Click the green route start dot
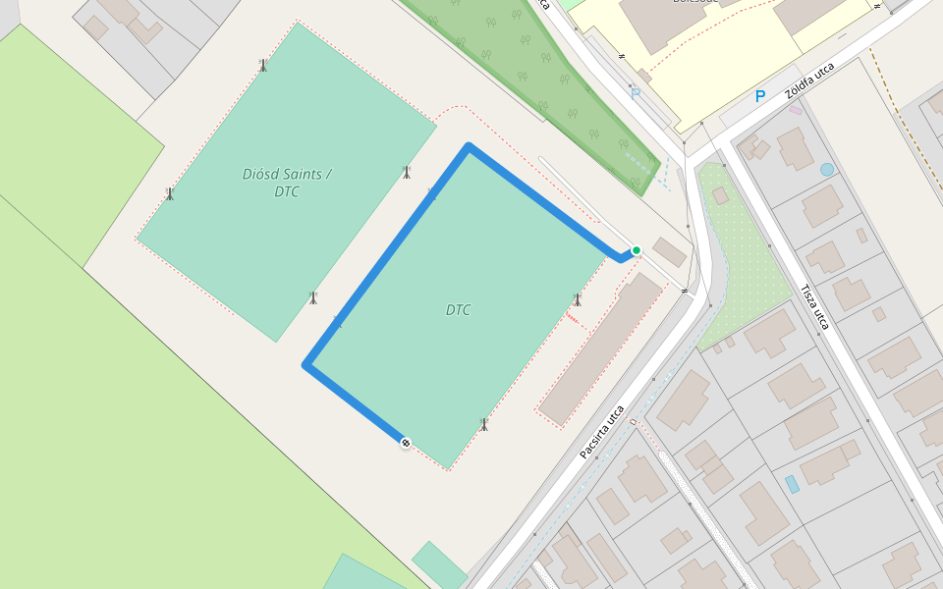[637, 250]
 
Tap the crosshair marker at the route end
[405, 444]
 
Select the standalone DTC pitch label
[458, 310]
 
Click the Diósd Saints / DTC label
[287, 183]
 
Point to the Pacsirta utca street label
[602, 432]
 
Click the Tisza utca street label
[814, 307]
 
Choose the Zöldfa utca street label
[808, 81]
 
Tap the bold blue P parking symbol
[759, 96]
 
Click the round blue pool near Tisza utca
[827, 169]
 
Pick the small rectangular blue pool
[792, 484]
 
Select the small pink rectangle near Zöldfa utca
[796, 110]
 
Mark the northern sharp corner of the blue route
[469, 147]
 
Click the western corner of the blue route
[306, 365]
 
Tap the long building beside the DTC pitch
[600, 348]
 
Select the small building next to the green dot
[670, 251]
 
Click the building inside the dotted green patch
[720, 196]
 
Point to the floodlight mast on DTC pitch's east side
[578, 299]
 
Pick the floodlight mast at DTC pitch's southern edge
[483, 424]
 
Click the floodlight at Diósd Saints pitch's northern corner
[262, 65]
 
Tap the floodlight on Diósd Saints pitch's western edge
[170, 193]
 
